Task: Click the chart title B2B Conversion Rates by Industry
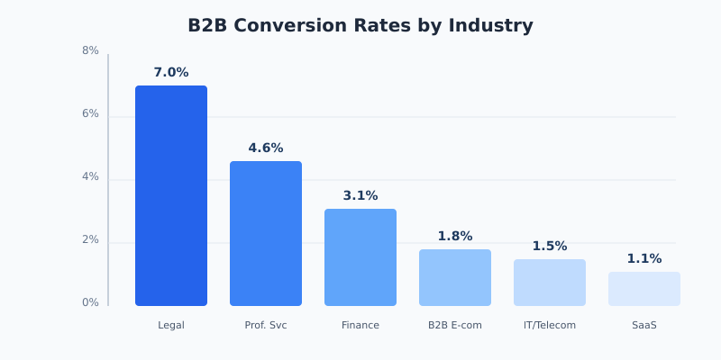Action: [360, 26]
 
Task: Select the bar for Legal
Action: [171, 196]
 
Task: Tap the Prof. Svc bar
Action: [266, 234]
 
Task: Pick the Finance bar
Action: [360, 257]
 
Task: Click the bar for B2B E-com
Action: [455, 277]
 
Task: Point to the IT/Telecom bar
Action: [550, 283]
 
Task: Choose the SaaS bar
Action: [644, 289]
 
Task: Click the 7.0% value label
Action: [171, 73]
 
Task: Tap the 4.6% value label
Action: [266, 148]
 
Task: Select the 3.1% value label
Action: [360, 196]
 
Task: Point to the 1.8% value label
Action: [455, 237]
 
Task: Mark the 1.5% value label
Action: [550, 247]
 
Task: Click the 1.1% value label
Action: [644, 259]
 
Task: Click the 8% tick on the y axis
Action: [90, 51]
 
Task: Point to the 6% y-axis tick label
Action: [90, 114]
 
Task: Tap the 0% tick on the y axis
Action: [90, 303]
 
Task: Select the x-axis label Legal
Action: [171, 326]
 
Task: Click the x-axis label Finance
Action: [360, 326]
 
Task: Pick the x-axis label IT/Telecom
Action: [550, 326]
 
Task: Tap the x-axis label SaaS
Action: [644, 326]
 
